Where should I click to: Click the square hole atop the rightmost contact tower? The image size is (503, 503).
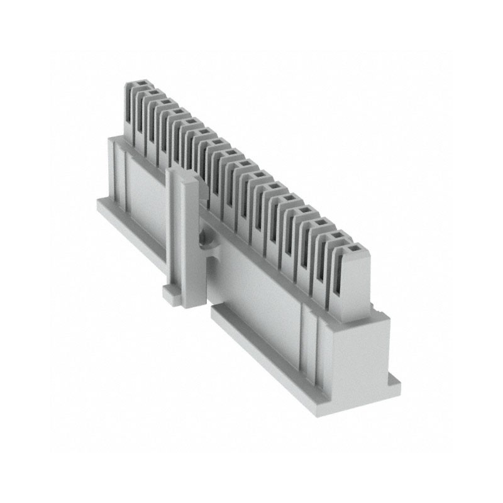(x=353, y=250)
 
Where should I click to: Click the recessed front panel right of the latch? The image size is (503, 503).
(x=258, y=296)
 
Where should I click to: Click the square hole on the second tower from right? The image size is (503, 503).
(x=338, y=238)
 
